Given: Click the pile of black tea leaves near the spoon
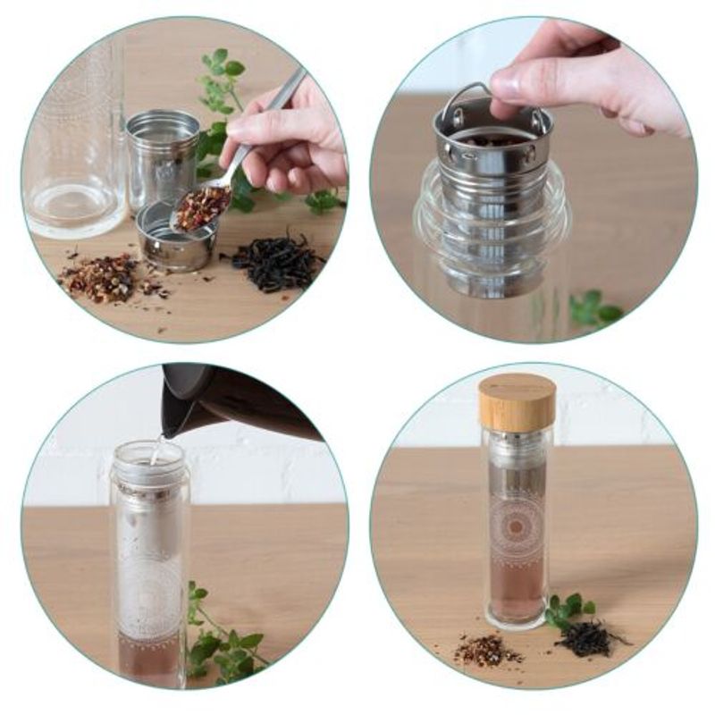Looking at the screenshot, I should pos(277,259).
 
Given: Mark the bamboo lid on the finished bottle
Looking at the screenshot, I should pos(516,401).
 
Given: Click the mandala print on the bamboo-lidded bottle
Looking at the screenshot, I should pos(516,527).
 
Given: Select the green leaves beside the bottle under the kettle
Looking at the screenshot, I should pos(219,639).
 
